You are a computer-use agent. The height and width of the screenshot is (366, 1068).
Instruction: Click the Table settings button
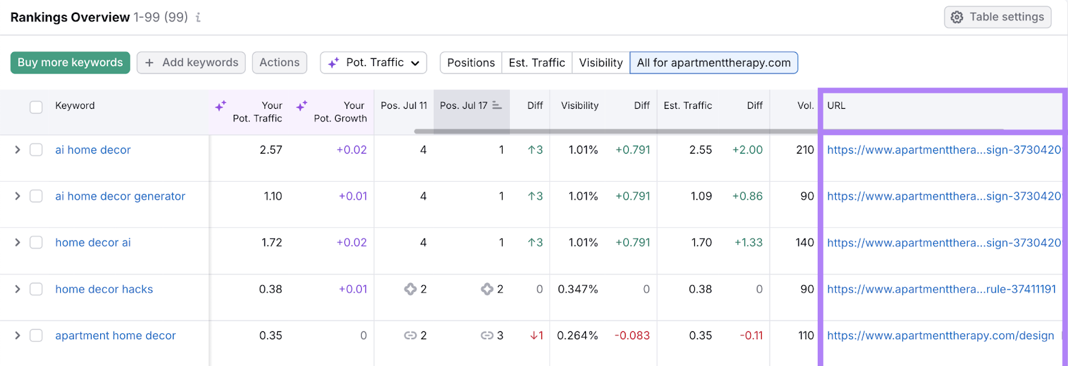997,17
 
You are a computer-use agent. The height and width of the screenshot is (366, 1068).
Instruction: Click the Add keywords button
191,63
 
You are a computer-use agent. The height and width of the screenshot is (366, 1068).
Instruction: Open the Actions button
279,63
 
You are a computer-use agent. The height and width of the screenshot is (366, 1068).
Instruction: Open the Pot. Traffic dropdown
373,63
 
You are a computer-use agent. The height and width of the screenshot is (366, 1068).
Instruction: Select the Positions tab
471,63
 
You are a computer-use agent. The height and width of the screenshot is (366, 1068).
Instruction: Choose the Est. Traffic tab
537,63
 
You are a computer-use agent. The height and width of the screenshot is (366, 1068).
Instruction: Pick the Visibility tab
600,63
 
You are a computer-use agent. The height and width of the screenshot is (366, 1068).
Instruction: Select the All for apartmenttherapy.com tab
713,63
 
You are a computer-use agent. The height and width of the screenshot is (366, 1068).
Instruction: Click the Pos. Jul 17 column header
464,106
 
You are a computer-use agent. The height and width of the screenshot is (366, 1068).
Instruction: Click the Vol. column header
805,106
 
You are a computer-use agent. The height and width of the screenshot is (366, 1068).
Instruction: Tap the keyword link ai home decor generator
120,196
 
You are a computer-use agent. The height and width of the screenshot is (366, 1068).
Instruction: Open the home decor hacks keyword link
104,289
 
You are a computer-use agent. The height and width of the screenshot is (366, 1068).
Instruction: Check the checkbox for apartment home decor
36,335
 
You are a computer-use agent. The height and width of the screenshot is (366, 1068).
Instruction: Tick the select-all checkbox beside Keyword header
36,107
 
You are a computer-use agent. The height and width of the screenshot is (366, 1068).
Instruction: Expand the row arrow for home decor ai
17,242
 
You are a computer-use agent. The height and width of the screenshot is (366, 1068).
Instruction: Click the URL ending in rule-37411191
941,289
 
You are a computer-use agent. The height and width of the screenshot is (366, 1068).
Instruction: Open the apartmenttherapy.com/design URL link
940,335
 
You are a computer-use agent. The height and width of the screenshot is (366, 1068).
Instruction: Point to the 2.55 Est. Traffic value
700,150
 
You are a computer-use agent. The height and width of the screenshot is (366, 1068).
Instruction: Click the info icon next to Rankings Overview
198,18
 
